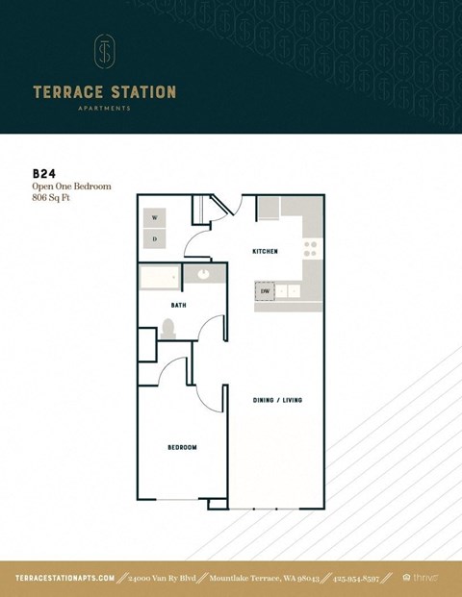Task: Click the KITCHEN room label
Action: [x=265, y=251]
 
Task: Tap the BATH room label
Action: [x=178, y=306]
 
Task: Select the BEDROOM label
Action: [x=182, y=447]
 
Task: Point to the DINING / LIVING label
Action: [x=278, y=400]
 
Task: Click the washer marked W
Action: [x=155, y=218]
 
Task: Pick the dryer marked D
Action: [x=155, y=238]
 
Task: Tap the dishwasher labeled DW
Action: [x=265, y=290]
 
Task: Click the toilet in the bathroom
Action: [x=169, y=330]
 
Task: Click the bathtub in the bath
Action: [x=160, y=278]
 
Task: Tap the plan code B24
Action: [x=44, y=174]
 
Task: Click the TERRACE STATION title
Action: [x=104, y=92]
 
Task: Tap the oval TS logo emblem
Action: [x=104, y=52]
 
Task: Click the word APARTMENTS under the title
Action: [x=104, y=110]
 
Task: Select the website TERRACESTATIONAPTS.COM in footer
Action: [x=65, y=578]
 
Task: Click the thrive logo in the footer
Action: [x=421, y=578]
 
